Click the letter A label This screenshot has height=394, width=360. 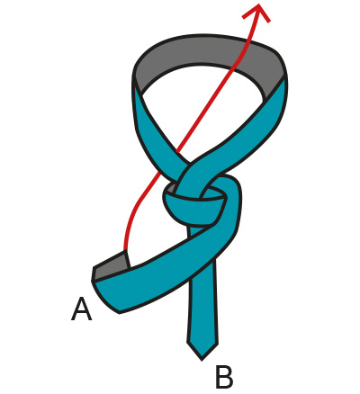click(x=81, y=309)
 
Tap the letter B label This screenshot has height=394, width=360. click(x=224, y=377)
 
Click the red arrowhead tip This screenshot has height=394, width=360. click(x=258, y=4)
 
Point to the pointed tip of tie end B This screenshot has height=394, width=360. click(x=202, y=359)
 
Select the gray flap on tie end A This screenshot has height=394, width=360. click(x=112, y=266)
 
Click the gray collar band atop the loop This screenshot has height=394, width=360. click(x=210, y=52)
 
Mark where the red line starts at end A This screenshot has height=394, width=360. click(x=124, y=251)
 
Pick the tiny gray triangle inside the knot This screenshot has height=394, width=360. click(x=172, y=188)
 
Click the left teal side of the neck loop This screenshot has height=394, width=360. click(x=153, y=129)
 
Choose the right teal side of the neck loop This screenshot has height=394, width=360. click(x=240, y=132)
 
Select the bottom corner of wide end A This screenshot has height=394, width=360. click(x=120, y=313)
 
